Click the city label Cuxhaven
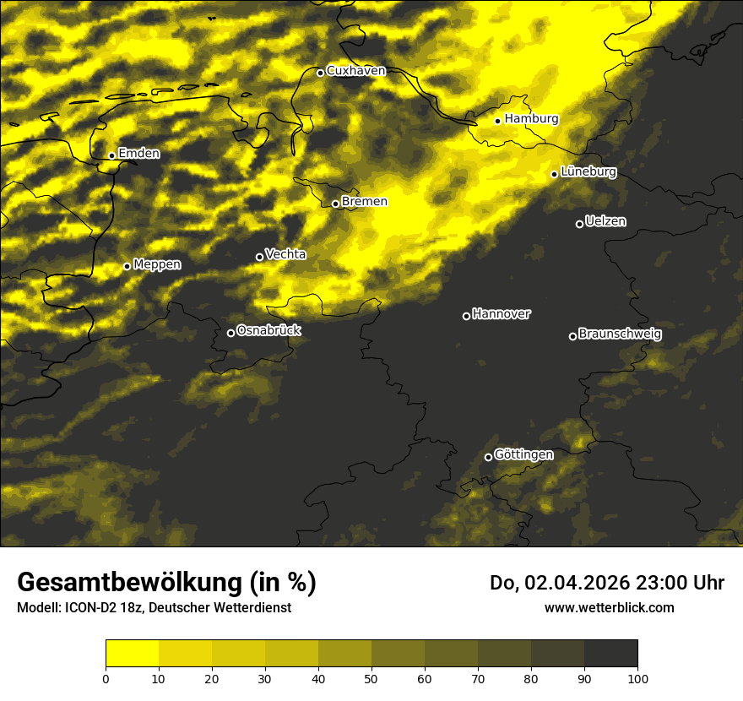point(355,71)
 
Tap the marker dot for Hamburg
point(498,121)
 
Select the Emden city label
point(138,154)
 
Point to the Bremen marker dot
point(335,204)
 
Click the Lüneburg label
point(588,172)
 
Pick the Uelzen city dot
point(579,224)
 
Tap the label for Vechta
point(285,254)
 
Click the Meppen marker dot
point(127,266)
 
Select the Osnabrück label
point(268,330)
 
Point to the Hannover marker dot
point(466,316)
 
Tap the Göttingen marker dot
point(488,457)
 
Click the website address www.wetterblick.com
point(609,607)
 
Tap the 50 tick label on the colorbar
point(371,678)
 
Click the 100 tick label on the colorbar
point(637,678)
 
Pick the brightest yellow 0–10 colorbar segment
point(132,653)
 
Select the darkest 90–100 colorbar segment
point(610,653)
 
